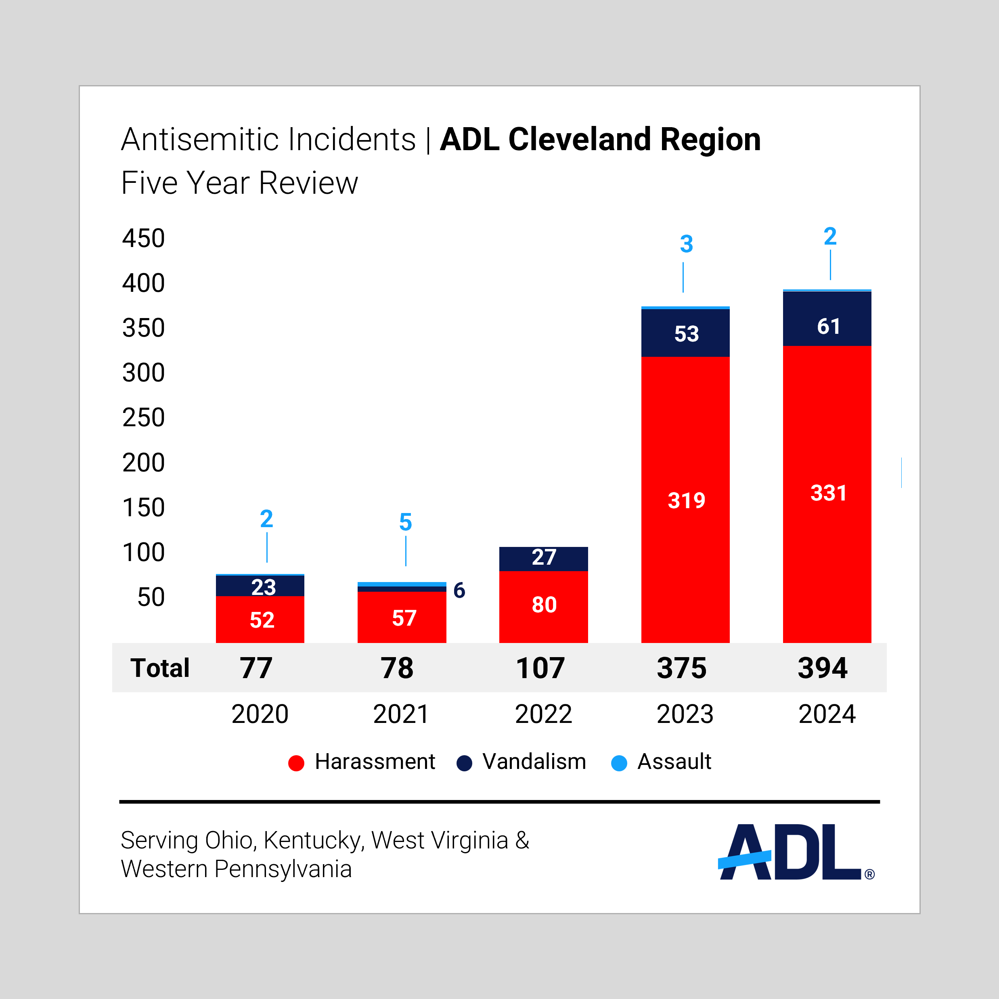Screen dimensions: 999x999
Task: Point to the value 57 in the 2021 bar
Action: pos(404,618)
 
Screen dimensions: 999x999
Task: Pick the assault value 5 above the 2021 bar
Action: pos(405,522)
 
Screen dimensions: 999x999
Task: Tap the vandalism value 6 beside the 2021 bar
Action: pos(459,591)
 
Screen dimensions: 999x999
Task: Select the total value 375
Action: pos(681,668)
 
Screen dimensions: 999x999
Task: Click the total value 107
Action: pos(540,668)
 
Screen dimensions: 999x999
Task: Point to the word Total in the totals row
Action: pos(160,668)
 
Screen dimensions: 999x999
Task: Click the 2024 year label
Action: pos(827,714)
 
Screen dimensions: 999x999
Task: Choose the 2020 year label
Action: pos(260,714)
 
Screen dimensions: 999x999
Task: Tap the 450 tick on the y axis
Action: pos(144,239)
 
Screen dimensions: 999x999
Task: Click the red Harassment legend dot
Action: pos(296,763)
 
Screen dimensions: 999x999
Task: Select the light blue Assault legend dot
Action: pos(619,763)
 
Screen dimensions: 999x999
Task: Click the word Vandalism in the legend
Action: pos(534,762)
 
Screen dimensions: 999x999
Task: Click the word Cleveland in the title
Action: pos(579,140)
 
